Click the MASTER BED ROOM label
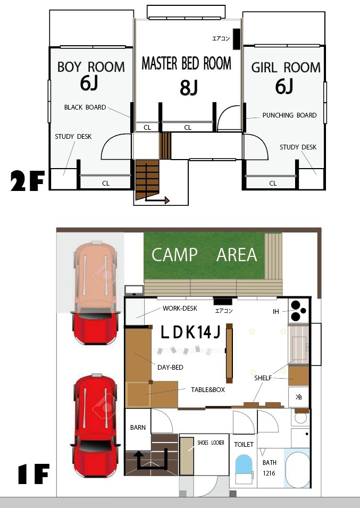(x=187, y=63)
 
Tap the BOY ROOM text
(x=91, y=67)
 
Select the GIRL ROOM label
(x=286, y=68)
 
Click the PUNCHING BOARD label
(x=289, y=115)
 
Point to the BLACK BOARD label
(x=85, y=107)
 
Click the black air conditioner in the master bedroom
(x=236, y=39)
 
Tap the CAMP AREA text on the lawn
(x=204, y=255)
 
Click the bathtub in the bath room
(x=297, y=470)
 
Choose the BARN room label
(x=138, y=428)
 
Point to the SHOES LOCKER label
(x=211, y=443)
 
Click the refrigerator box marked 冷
(x=299, y=397)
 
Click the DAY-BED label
(x=170, y=368)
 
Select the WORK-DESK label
(x=180, y=309)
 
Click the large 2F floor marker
(x=28, y=181)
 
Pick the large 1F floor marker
(x=34, y=473)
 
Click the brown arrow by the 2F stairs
(x=157, y=199)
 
